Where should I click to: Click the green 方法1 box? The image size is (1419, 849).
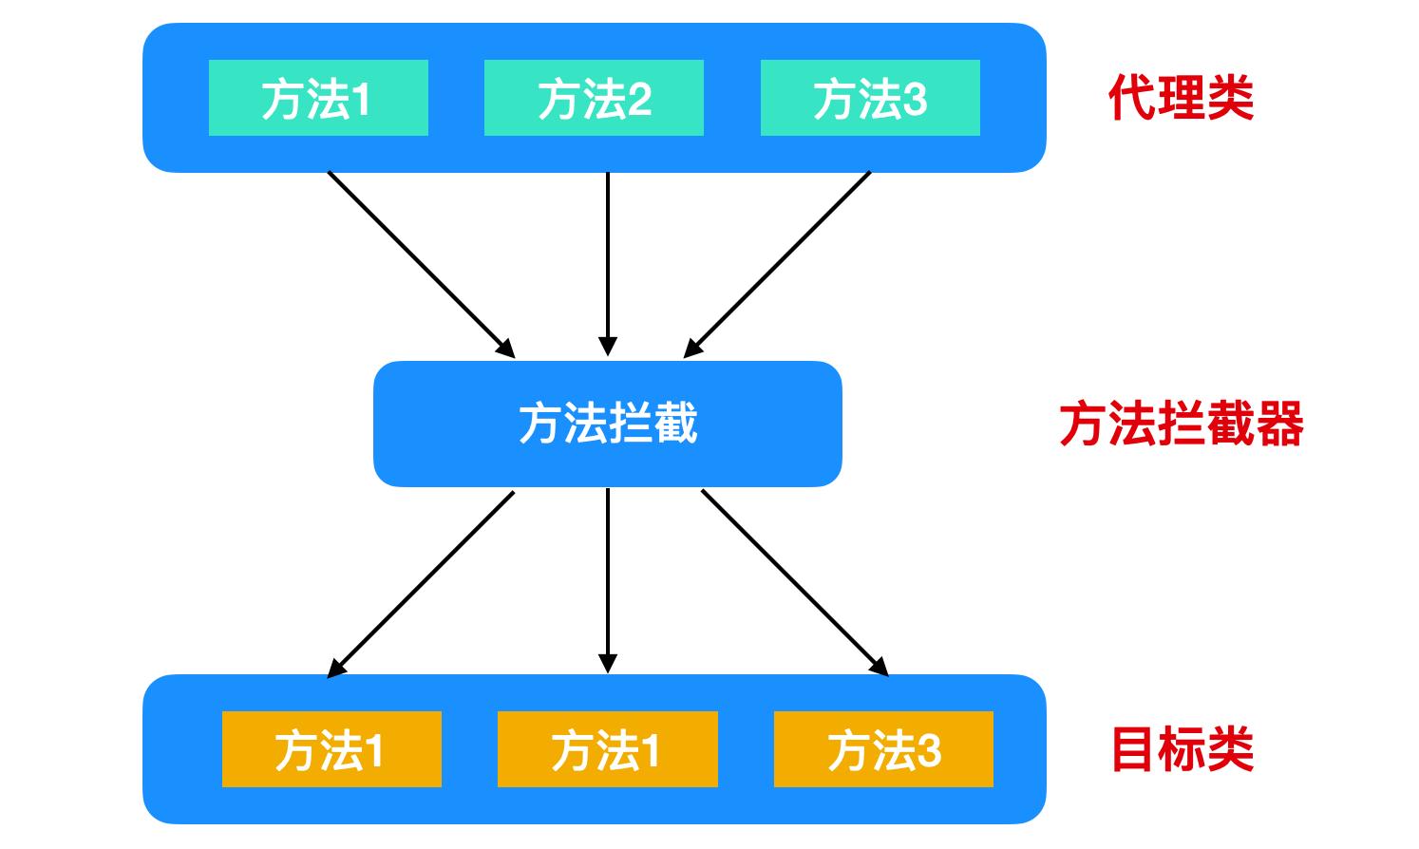click(318, 98)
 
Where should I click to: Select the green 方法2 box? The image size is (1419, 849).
click(594, 98)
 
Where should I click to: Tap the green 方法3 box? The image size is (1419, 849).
click(870, 98)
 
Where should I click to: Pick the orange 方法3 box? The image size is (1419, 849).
click(883, 749)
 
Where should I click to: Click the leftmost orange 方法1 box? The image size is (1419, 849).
click(331, 749)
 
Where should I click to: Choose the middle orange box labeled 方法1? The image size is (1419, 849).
click(607, 749)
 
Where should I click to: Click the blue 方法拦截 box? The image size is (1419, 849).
click(608, 424)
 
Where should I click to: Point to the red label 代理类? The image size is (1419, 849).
click(1181, 98)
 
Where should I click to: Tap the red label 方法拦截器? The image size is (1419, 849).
click(1181, 424)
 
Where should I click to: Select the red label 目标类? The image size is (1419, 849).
click(1182, 749)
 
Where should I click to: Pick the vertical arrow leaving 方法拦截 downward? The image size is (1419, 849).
click(608, 579)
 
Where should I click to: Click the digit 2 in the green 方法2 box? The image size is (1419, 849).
click(638, 99)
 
